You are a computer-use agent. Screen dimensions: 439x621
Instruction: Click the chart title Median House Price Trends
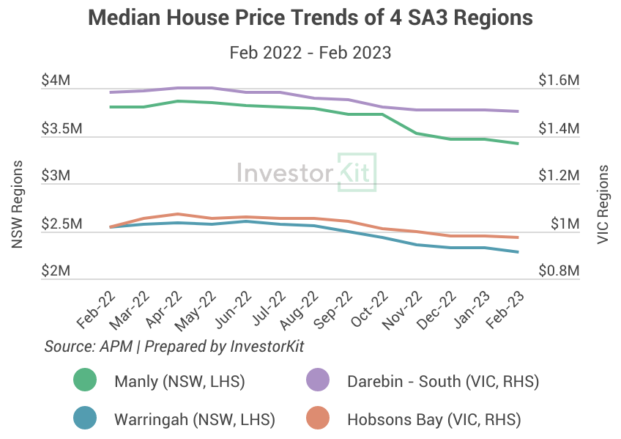tap(310, 18)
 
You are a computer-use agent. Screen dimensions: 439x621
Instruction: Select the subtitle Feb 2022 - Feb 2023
tap(310, 53)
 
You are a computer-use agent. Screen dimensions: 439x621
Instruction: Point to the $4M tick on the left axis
tap(56, 81)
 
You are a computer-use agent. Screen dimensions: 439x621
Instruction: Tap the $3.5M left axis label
tap(51, 129)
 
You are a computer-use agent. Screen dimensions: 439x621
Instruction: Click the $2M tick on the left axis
tap(56, 271)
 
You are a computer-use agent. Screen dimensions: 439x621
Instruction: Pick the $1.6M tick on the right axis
tap(559, 81)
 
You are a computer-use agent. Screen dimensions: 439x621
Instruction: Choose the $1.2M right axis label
tap(559, 176)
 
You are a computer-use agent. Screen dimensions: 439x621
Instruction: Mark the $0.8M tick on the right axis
tap(559, 271)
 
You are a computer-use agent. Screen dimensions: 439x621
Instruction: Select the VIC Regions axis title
tap(603, 204)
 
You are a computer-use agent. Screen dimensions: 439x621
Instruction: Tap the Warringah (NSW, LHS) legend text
tap(194, 420)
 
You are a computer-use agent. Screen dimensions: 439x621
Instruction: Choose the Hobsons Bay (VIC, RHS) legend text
tap(434, 420)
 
